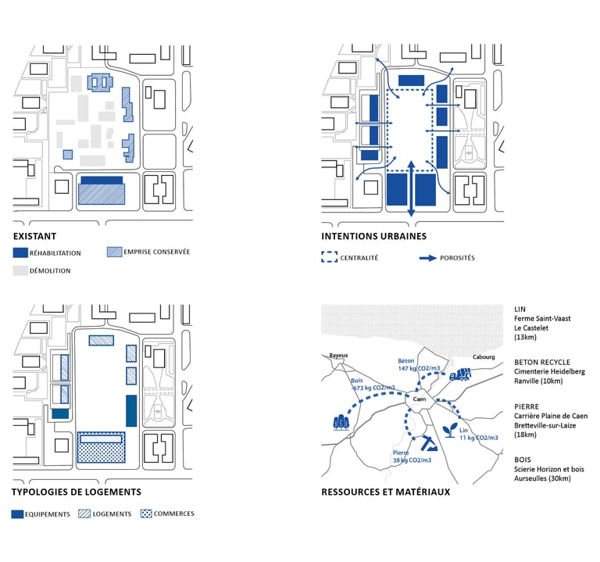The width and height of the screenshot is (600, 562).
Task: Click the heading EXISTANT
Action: tap(34, 236)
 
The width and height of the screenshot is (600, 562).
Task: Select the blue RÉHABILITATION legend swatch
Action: tap(20, 253)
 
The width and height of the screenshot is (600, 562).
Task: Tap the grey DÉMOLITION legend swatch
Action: tap(20, 270)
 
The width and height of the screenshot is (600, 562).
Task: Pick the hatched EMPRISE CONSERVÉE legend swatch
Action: tap(113, 252)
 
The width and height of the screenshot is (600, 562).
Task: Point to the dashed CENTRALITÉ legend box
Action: tap(329, 257)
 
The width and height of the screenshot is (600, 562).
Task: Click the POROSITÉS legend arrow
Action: tap(427, 257)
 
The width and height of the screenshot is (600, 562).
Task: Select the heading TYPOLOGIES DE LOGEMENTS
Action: tap(76, 492)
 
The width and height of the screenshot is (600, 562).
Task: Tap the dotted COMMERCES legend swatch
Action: tap(145, 514)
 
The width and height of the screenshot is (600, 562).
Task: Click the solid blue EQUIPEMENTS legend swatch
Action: tap(20, 514)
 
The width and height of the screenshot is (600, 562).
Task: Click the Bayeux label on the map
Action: tap(337, 355)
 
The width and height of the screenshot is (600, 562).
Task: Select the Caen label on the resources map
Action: tap(419, 399)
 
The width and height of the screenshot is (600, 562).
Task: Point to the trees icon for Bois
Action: tap(341, 421)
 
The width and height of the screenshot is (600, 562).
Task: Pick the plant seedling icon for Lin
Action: tap(450, 430)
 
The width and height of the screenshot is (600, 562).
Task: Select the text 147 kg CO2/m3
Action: tap(415, 367)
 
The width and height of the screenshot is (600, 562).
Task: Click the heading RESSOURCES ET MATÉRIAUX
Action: tap(385, 492)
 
